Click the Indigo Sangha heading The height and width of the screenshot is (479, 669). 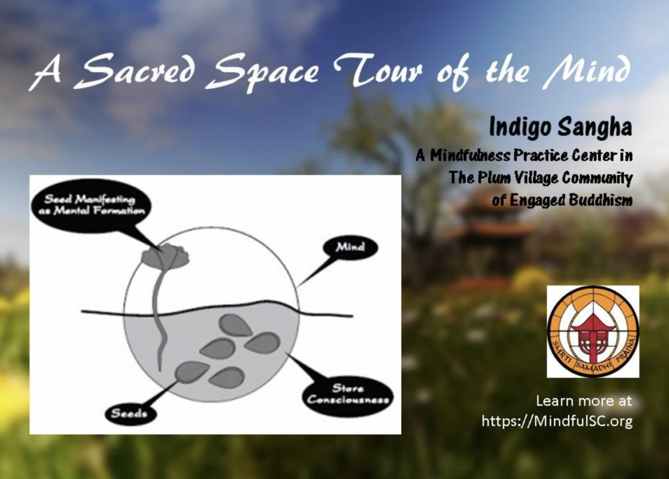[560, 127]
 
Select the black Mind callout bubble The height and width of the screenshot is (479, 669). [350, 247]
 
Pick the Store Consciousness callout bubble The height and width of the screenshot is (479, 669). [348, 394]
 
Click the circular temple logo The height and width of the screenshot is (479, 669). [593, 331]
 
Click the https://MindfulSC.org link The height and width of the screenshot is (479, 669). [557, 421]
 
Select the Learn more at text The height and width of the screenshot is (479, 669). [583, 401]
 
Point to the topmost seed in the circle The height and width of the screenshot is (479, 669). [235, 325]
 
